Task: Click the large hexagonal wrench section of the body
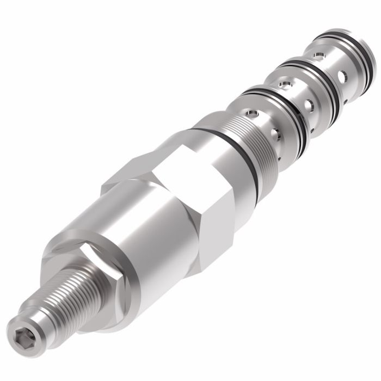coord(180,201)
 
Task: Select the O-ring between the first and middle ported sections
coord(272,99)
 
